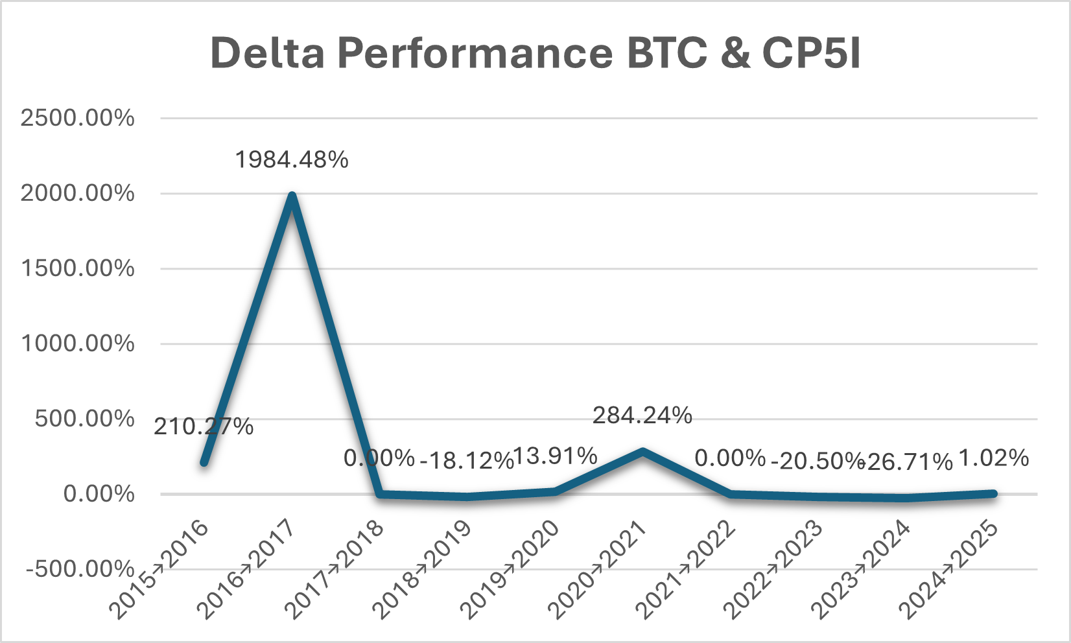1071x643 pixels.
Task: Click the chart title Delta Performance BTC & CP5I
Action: (535, 53)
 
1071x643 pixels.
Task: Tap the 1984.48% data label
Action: (292, 159)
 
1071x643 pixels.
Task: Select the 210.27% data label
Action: (204, 427)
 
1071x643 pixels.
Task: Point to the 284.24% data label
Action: (642, 415)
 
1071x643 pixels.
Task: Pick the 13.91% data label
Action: (556, 456)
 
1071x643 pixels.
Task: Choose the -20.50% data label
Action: (818, 461)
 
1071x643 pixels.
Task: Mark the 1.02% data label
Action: (993, 458)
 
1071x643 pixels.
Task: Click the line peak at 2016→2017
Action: (292, 196)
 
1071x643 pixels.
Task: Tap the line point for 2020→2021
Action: (642, 451)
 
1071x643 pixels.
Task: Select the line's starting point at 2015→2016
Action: (204, 462)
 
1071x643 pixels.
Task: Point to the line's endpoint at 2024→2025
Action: (993, 494)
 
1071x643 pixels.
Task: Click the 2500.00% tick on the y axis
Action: (78, 118)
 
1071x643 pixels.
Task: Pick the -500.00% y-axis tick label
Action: (80, 569)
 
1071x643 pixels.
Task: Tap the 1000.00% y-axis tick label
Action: (78, 344)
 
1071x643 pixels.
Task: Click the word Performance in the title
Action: (475, 53)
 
